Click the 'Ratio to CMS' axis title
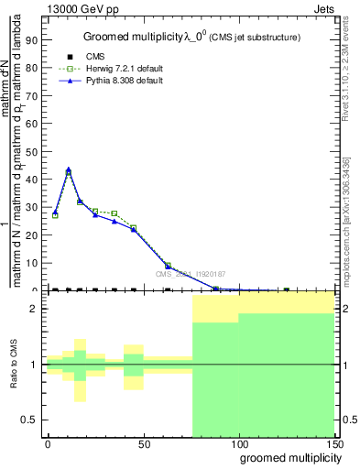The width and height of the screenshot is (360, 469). pyautogui.click(x=15, y=365)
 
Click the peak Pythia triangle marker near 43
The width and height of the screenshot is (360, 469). pyautogui.click(x=69, y=170)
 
